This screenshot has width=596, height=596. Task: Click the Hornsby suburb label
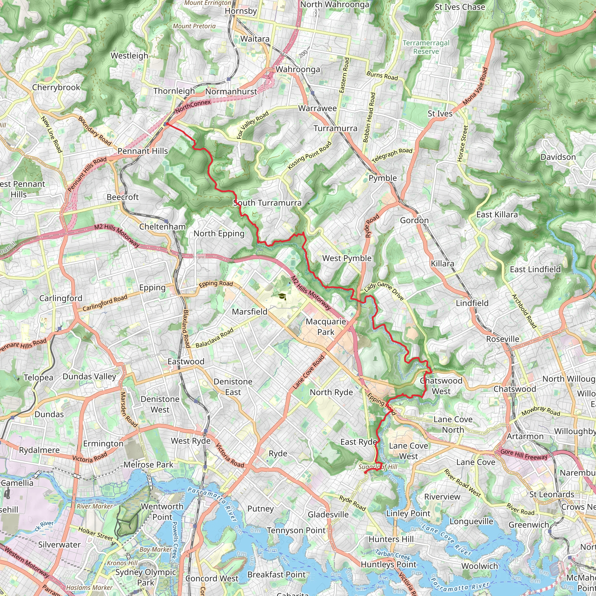(241, 11)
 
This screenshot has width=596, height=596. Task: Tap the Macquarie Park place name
(326, 327)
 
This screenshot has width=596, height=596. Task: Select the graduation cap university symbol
(282, 297)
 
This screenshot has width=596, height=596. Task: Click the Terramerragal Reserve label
(426, 47)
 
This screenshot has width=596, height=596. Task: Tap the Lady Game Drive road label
(384, 291)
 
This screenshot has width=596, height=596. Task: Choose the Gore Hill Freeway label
(524, 454)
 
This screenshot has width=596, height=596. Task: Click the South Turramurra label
(267, 203)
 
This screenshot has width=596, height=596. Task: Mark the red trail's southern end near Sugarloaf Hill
(365, 472)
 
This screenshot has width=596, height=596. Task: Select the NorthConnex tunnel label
(193, 106)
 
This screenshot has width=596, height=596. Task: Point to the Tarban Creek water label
(393, 555)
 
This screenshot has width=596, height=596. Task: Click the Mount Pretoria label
(194, 26)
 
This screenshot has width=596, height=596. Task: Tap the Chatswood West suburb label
(441, 386)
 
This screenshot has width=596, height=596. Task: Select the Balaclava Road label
(215, 338)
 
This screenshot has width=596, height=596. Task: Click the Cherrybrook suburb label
(56, 87)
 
